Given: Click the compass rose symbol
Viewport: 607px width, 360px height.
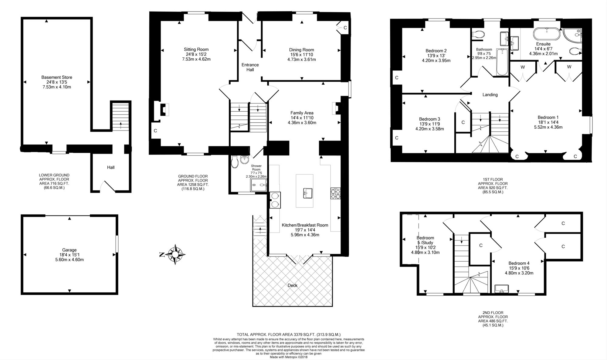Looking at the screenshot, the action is tap(175, 254).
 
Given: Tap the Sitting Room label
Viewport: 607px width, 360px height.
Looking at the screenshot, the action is tap(196, 49).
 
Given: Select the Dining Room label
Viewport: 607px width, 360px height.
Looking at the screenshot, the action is tap(301, 50).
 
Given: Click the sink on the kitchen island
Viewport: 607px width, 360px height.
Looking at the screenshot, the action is tap(308, 193).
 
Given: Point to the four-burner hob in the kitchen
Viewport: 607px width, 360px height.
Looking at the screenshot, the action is tap(335, 194).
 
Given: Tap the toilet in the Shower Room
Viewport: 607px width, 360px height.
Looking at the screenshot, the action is tap(234, 162).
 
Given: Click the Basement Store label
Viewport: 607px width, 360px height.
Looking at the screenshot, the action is tap(57, 77).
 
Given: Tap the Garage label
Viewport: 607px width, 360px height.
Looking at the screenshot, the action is tap(70, 250).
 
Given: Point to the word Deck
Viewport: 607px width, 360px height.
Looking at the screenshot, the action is tap(292, 285).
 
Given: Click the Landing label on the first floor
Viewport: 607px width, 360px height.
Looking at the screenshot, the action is tap(490, 95).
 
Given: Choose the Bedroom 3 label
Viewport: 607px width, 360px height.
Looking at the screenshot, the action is tap(429, 119).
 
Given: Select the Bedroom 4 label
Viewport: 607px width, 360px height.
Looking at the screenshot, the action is tap(519, 263).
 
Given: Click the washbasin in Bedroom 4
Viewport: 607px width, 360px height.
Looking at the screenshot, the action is tap(502, 289).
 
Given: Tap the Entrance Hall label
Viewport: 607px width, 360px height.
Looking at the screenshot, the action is tap(250, 67).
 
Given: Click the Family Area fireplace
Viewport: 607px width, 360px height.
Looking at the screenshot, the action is tap(337, 108).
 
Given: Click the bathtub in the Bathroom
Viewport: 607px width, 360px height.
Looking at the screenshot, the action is tap(502, 62).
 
